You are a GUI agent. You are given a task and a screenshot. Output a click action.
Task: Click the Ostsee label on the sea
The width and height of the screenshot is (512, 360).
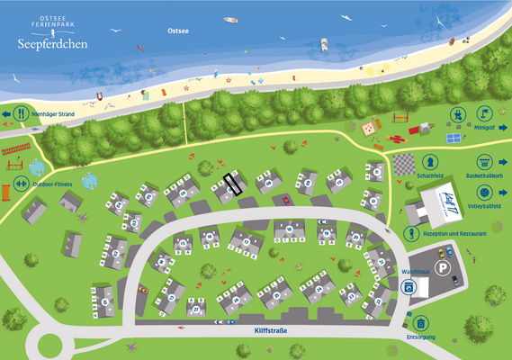tap(179, 31)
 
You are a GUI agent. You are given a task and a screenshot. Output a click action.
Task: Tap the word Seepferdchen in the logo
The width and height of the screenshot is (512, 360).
tap(52, 44)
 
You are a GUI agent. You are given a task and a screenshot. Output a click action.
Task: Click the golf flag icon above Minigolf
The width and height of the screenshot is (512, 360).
tap(484, 112)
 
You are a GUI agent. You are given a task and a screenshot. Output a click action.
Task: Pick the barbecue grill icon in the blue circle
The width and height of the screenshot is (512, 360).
tap(457, 113)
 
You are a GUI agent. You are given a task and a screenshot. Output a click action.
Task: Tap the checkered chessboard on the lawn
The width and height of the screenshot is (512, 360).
tap(403, 164)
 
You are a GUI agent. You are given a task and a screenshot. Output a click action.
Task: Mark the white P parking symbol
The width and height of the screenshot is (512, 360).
tap(442, 267)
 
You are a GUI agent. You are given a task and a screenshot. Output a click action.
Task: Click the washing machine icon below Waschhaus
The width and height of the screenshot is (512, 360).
tap(409, 287)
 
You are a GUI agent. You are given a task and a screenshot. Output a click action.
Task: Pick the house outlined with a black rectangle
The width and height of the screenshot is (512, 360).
tap(233, 184)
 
